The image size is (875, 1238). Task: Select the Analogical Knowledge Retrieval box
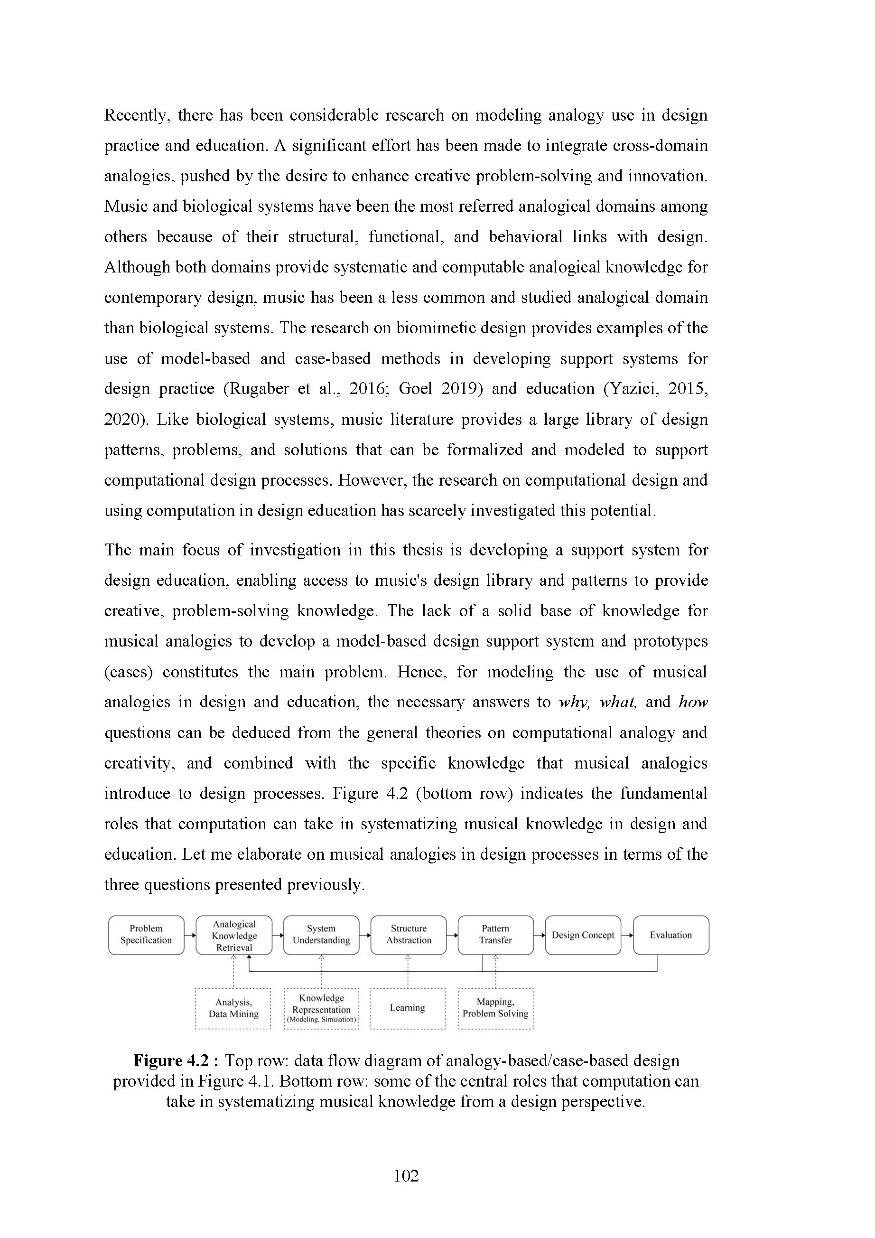click(x=234, y=935)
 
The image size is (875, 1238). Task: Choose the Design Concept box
click(x=583, y=935)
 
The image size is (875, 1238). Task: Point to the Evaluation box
click(x=670, y=935)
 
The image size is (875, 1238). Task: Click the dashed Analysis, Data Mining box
click(x=233, y=1008)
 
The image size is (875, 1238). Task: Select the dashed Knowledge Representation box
click(x=321, y=1008)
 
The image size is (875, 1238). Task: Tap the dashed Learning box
click(x=408, y=1008)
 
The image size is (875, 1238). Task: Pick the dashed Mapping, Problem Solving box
click(x=495, y=1008)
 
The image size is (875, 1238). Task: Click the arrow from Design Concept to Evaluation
click(x=627, y=935)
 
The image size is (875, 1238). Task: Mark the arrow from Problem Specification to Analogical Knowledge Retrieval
click(x=190, y=935)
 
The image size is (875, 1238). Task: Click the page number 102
click(x=406, y=1176)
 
